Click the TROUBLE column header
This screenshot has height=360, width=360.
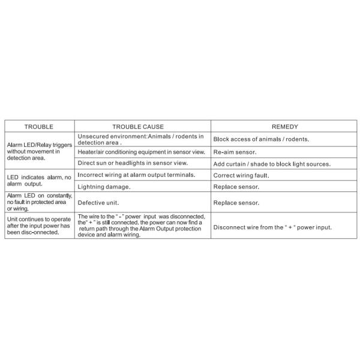(x=38, y=127)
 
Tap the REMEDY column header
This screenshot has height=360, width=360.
(x=284, y=127)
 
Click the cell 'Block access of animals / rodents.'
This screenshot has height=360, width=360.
(x=261, y=139)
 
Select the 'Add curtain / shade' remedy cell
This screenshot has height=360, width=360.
(x=280, y=164)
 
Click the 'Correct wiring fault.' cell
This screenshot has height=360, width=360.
(x=241, y=176)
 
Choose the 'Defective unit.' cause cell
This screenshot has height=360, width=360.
(x=98, y=203)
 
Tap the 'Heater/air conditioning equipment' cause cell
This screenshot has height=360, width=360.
(x=141, y=152)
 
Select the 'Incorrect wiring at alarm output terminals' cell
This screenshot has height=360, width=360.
(x=136, y=175)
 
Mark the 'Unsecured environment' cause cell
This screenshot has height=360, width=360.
(x=140, y=139)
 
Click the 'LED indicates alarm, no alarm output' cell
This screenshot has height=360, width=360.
(x=38, y=181)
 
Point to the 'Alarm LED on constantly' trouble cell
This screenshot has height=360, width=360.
(x=38, y=202)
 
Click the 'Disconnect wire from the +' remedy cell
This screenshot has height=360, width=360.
(x=272, y=227)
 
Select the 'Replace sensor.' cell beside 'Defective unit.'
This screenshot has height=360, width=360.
(x=236, y=203)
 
